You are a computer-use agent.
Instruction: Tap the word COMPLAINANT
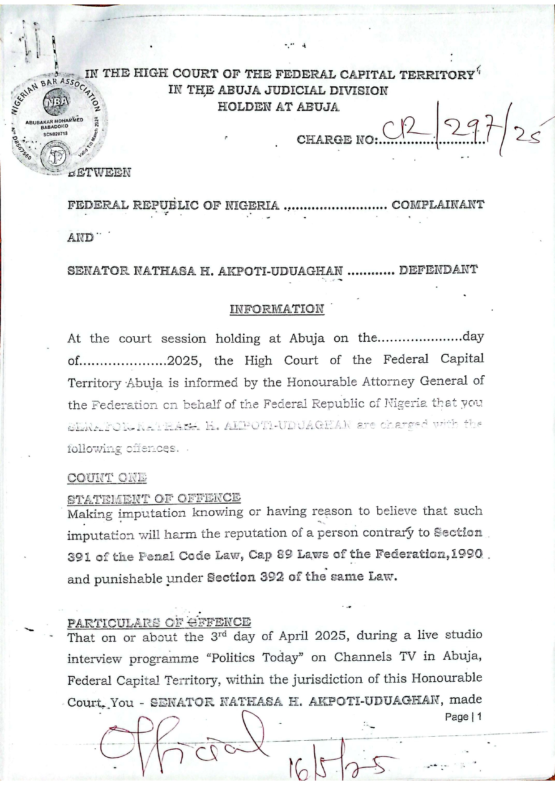[437, 205]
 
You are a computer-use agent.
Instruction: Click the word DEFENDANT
[438, 270]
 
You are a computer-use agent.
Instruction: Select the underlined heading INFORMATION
[277, 309]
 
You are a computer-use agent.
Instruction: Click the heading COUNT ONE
[107, 477]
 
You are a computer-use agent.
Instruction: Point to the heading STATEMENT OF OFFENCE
[154, 498]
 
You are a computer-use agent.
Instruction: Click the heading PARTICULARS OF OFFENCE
[159, 622]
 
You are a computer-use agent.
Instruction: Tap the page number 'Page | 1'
[463, 717]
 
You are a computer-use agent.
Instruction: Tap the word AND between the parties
[81, 238]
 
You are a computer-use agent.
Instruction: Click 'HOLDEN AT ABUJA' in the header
[278, 107]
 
